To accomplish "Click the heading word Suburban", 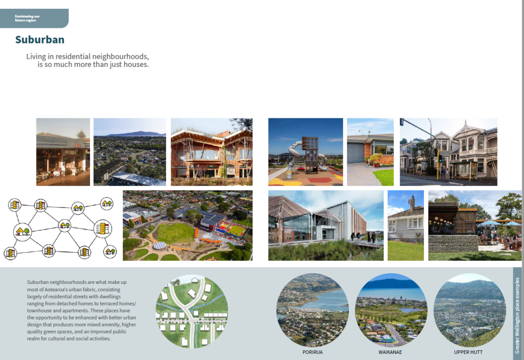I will (39, 40).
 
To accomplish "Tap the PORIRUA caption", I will (312, 352).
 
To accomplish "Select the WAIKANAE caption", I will (390, 352).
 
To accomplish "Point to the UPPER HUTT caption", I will (468, 352).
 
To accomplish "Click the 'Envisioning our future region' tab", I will (28, 18).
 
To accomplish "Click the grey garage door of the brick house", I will (356, 153).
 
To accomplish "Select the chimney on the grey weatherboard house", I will (411, 202).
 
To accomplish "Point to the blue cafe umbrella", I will (490, 224).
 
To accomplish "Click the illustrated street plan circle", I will (191, 311).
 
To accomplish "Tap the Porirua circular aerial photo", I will (312, 310).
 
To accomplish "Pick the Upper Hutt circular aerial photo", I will (468, 310).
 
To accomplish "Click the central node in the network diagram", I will (64, 226).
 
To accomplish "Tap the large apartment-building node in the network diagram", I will (102, 228).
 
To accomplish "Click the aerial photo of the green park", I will (187, 225).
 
